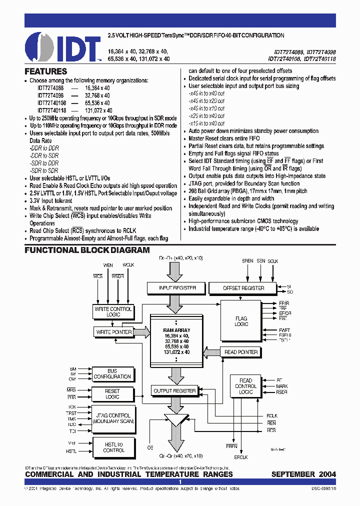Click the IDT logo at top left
pos(56,47)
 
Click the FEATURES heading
pos(46,71)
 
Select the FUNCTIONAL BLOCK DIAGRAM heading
pos(87,250)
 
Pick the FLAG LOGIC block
pos(241,321)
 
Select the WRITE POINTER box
pos(113,331)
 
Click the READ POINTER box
pos(241,352)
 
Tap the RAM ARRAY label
pos(176,330)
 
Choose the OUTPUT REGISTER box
pos(174,390)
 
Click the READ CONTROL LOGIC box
pos(245,386)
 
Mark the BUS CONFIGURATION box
pos(112,374)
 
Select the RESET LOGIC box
pos(112,394)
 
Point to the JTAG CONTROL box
pos(112,418)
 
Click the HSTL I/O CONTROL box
pos(113,447)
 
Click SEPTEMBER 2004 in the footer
pos(303,474)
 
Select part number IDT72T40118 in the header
pos(318,58)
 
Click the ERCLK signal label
pos(241,457)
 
